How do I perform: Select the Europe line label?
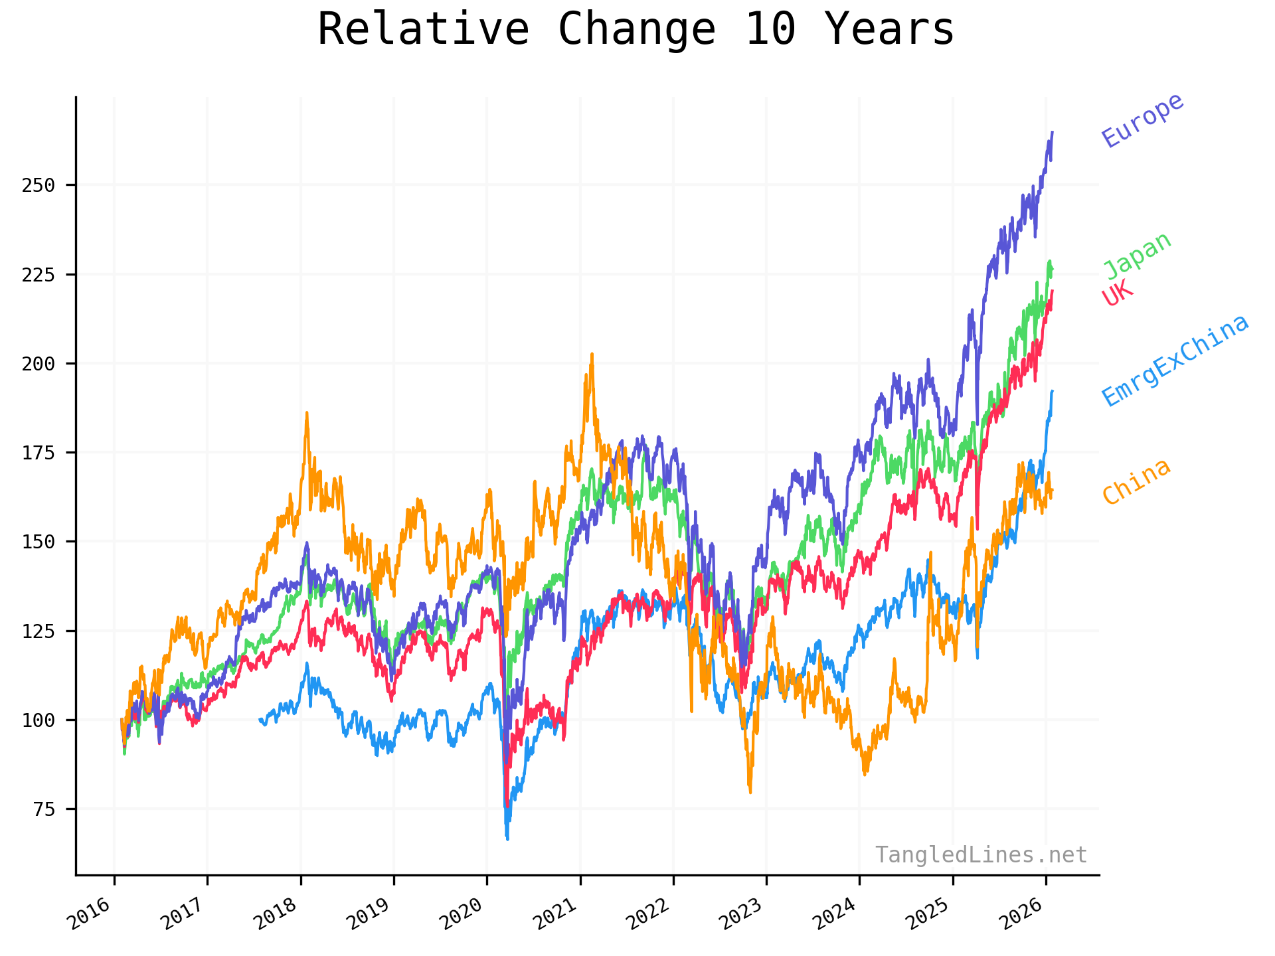click(1142, 120)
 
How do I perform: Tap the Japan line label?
click(1138, 256)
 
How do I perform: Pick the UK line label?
click(1118, 293)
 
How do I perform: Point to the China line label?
click(1136, 482)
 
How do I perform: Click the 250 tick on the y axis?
click(39, 185)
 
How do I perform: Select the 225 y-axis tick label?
click(39, 275)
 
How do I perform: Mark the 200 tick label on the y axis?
click(39, 364)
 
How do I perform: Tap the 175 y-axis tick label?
click(39, 453)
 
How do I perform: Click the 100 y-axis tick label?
click(39, 720)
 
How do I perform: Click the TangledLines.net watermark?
click(981, 854)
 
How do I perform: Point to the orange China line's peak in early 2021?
click(592, 355)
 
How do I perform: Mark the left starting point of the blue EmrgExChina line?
click(260, 719)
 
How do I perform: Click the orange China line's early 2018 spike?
click(307, 413)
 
